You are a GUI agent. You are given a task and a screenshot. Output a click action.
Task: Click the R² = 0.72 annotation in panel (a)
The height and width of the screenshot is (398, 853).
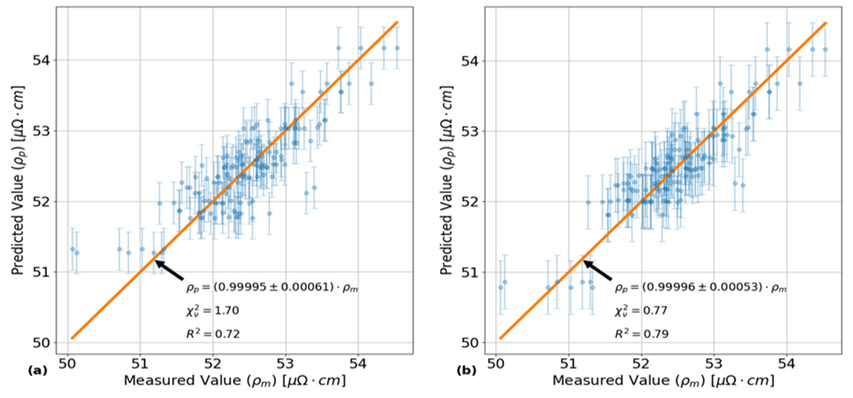(x=213, y=334)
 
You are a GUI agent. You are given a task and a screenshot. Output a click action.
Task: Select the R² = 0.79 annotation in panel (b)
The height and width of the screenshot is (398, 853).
(x=641, y=334)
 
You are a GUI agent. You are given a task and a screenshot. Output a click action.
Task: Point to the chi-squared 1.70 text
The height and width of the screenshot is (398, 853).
(x=212, y=311)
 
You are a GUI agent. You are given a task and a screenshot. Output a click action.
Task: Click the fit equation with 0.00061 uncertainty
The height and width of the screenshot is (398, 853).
(x=272, y=288)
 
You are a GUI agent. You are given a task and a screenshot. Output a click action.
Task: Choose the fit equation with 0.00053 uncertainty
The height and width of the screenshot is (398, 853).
(x=700, y=288)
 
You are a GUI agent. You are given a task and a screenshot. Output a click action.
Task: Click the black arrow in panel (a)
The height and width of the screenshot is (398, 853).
(x=169, y=270)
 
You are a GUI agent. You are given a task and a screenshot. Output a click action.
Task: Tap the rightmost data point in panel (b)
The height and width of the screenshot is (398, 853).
(x=825, y=49)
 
